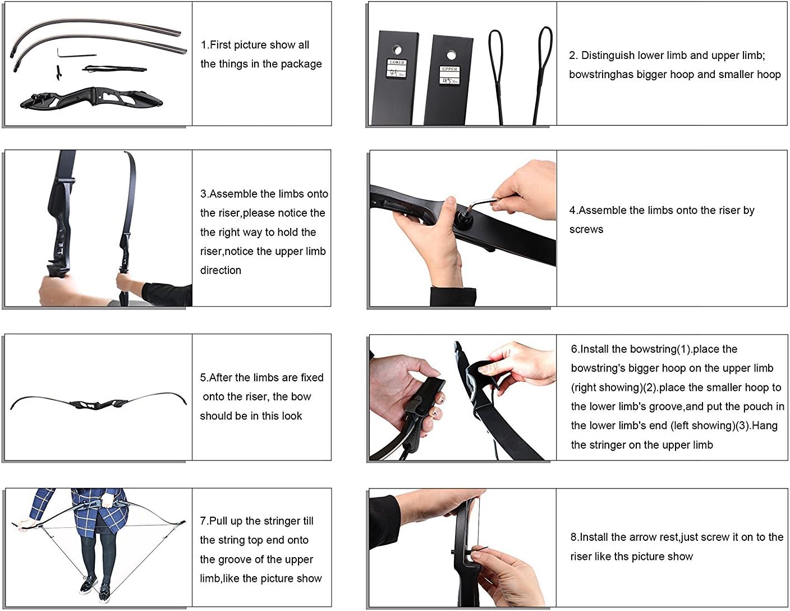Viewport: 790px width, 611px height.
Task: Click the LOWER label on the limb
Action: pos(397,62)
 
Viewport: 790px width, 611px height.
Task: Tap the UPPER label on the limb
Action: pos(449,69)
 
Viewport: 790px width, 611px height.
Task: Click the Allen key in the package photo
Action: pos(76,53)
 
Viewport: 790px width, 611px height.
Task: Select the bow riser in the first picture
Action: pos(91,98)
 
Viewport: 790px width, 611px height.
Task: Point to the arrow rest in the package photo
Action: pos(58,73)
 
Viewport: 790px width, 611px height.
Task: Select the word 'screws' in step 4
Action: pos(586,230)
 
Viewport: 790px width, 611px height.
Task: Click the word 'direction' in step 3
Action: pos(221,270)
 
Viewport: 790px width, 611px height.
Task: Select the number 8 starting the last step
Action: pos(573,537)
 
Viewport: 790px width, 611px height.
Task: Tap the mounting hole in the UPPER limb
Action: pos(451,56)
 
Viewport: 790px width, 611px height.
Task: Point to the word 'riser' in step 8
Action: pos(581,557)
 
